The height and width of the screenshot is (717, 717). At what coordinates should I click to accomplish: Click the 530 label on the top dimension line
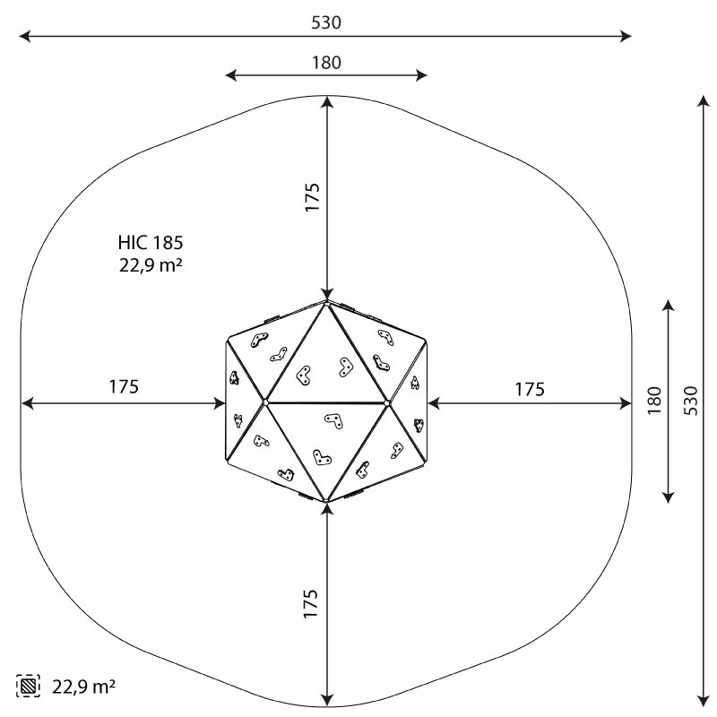pos(326,22)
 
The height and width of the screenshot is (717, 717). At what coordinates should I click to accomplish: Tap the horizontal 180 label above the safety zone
pos(326,63)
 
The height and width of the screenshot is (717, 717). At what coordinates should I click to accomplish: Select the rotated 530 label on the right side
pos(691,401)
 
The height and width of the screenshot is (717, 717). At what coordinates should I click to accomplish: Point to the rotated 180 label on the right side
pos(654,401)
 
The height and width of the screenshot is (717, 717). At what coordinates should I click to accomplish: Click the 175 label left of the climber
pos(124,387)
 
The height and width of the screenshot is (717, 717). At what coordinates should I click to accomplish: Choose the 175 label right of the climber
pos(530,390)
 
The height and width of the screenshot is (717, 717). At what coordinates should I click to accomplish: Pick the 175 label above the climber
pos(312,197)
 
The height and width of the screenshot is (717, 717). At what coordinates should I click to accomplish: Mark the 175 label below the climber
pos(310,603)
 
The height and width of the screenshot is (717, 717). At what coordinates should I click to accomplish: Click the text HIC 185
pos(151,243)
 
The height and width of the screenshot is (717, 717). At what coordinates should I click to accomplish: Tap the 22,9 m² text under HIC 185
pos(151,265)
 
